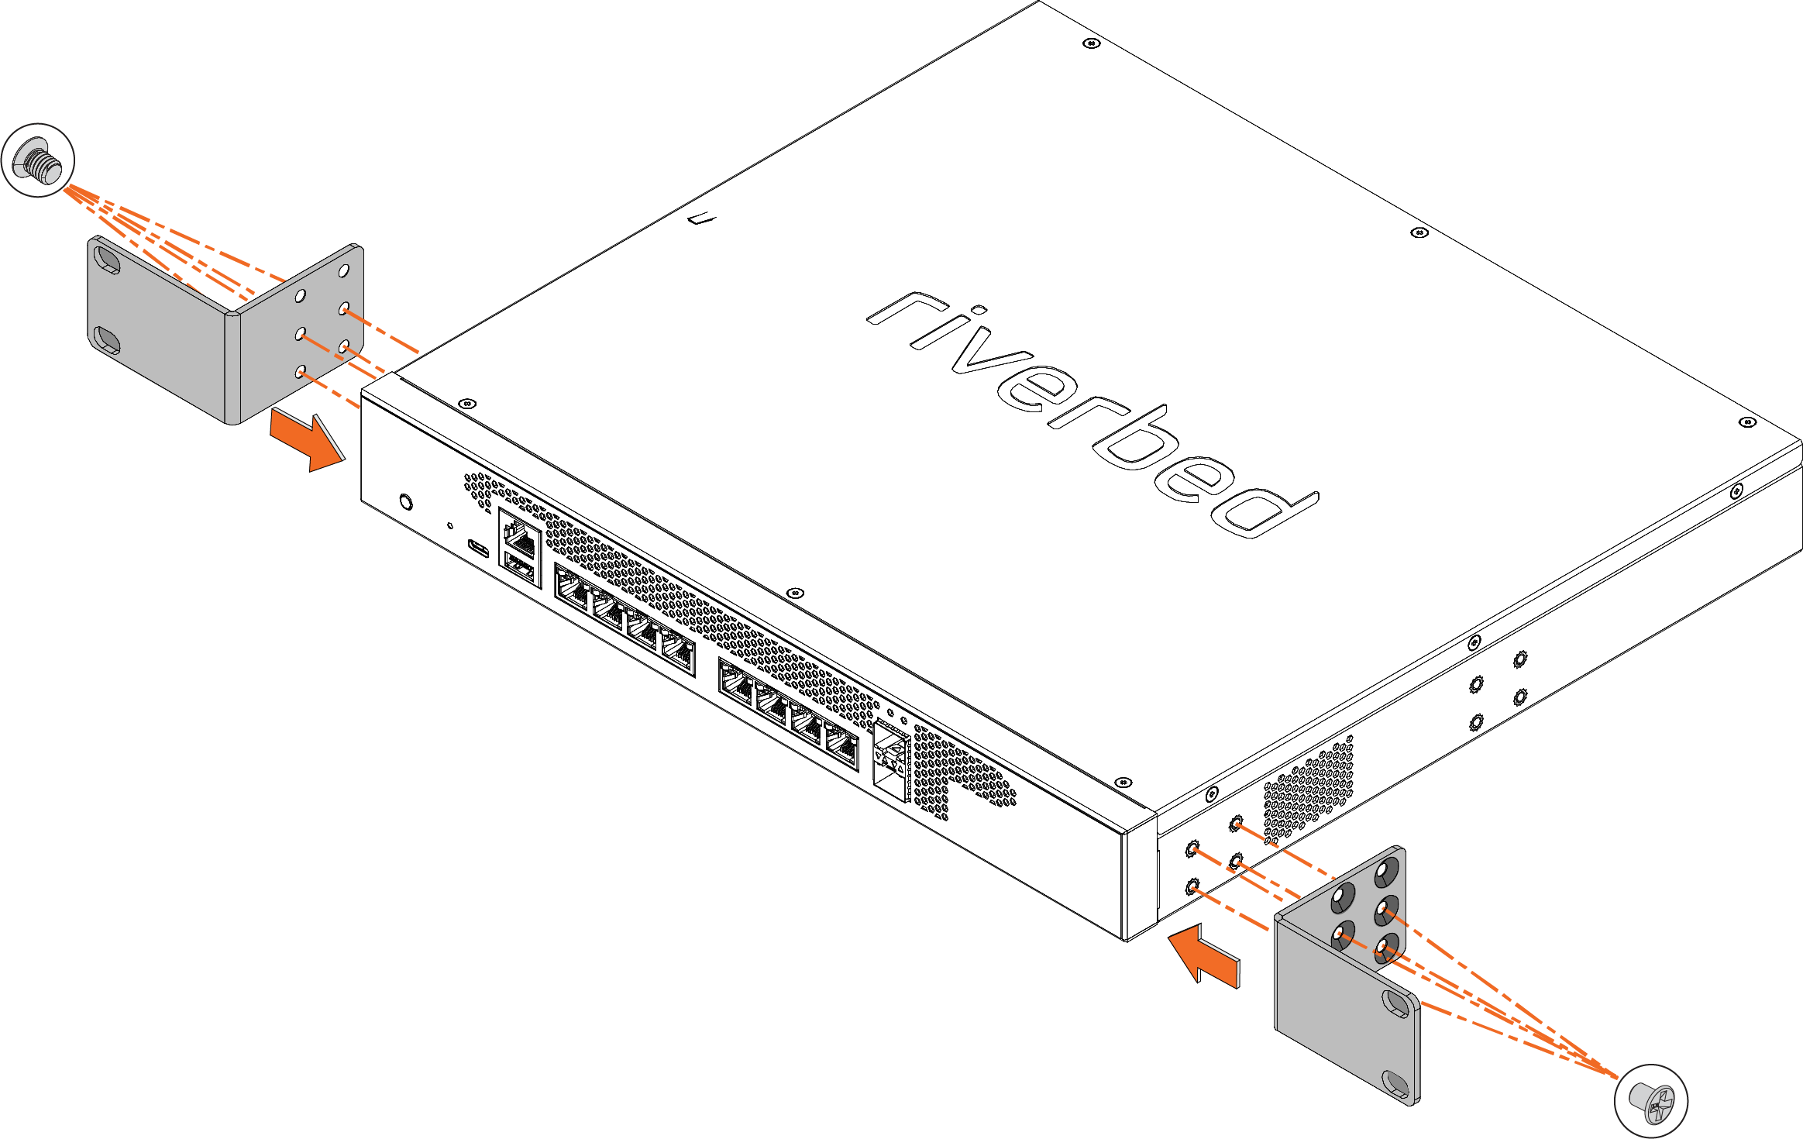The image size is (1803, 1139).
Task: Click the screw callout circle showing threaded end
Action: click(38, 160)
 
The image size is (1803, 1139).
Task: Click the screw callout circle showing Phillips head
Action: click(1650, 1100)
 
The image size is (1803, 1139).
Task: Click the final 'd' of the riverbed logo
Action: click(1263, 511)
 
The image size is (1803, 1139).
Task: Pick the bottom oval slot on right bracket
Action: click(1397, 1084)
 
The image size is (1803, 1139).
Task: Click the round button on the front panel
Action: click(405, 502)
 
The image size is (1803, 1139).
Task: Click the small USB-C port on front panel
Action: click(478, 548)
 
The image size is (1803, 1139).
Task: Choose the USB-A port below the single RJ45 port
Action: click(521, 569)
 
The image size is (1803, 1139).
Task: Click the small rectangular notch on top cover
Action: click(703, 219)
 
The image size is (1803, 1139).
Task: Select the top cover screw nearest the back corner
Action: click(1091, 43)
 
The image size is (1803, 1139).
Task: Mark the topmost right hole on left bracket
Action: click(344, 271)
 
